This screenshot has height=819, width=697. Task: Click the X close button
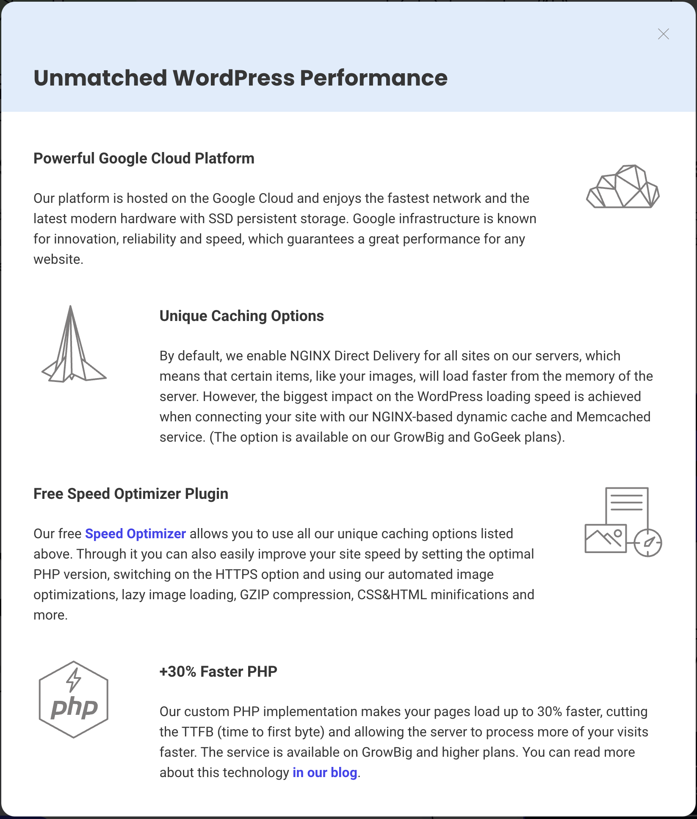(x=663, y=34)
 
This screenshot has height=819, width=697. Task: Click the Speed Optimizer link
(x=136, y=534)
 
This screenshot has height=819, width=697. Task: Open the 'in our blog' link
(x=325, y=772)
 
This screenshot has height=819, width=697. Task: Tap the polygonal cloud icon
(x=622, y=187)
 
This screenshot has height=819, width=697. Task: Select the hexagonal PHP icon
(x=73, y=700)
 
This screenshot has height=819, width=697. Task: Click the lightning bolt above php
(x=74, y=680)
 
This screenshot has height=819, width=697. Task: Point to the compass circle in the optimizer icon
(x=648, y=542)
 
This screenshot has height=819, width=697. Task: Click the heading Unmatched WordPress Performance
(x=241, y=78)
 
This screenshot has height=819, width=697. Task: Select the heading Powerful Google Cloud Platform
(x=144, y=158)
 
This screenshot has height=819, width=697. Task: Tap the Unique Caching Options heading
(x=241, y=316)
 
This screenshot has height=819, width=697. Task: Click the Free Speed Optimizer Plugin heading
(x=131, y=494)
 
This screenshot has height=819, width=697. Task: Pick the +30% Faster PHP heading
(x=218, y=672)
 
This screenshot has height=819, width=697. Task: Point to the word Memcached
(x=613, y=417)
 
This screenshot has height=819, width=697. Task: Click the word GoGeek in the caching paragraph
(x=497, y=437)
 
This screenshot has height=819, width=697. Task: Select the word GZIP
(x=254, y=595)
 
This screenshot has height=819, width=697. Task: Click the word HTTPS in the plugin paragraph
(x=236, y=574)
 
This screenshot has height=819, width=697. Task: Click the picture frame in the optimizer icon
(x=605, y=539)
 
